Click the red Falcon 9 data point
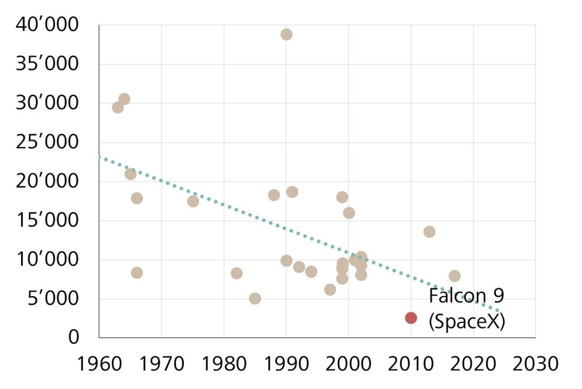(x=411, y=318)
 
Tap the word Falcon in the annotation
(x=457, y=296)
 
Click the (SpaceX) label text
(x=467, y=322)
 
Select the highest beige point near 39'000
(x=286, y=34)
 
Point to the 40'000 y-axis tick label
(x=47, y=25)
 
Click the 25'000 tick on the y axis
(x=47, y=142)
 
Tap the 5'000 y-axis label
(x=53, y=299)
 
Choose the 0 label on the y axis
(x=74, y=336)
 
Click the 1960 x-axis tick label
(x=99, y=364)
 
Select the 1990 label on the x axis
(x=286, y=364)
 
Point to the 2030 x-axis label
(x=536, y=364)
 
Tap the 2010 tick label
(x=411, y=364)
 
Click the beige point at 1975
(x=193, y=201)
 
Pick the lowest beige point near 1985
(x=255, y=299)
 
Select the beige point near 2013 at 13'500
(x=429, y=232)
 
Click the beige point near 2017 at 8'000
(x=454, y=276)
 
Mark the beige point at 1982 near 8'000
(x=236, y=273)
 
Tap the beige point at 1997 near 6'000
(x=330, y=289)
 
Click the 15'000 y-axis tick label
(x=47, y=221)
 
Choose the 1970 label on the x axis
(x=161, y=364)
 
